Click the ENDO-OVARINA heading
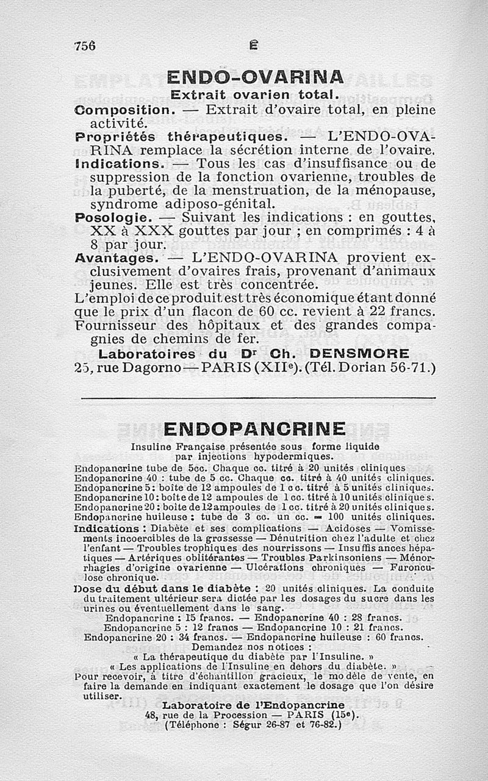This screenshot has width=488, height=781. [x=256, y=77]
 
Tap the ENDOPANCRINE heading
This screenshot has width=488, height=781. [x=254, y=428]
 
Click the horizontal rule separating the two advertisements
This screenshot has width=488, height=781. [x=258, y=398]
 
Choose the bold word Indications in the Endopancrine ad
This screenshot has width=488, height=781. [x=107, y=528]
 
